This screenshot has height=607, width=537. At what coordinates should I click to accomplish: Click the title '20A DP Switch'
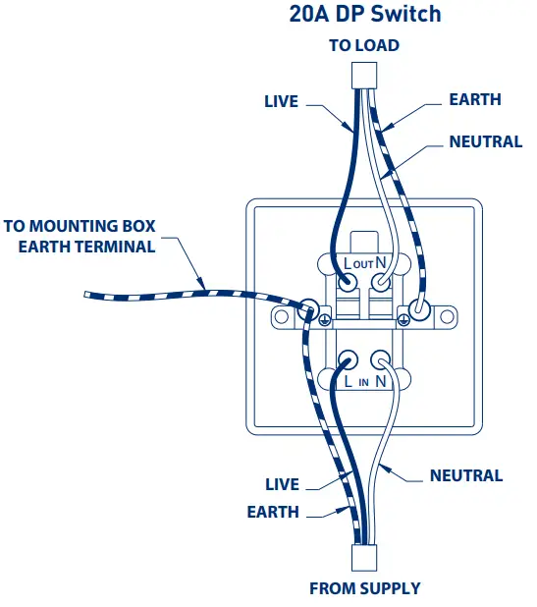[365, 14]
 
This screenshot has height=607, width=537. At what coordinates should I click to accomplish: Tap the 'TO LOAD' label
[364, 45]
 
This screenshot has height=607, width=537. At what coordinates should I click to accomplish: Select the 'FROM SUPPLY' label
[364, 588]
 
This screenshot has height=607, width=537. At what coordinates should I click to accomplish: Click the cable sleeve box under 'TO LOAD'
[364, 75]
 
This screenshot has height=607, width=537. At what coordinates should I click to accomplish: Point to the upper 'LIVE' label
[281, 101]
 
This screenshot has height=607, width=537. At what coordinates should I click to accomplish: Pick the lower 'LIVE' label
[282, 484]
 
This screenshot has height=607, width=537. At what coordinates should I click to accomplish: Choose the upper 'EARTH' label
[474, 99]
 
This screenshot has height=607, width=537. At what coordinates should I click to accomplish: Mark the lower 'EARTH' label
[273, 512]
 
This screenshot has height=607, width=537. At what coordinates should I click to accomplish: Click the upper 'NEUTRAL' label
[485, 141]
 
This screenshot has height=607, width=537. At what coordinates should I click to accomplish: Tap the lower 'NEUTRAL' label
[465, 475]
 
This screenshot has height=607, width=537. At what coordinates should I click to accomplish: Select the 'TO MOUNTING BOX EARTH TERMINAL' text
[81, 237]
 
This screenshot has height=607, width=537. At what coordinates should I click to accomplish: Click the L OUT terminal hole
[348, 283]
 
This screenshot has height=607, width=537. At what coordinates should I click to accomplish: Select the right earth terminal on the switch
[419, 310]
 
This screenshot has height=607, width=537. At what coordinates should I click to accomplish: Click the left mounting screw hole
[282, 317]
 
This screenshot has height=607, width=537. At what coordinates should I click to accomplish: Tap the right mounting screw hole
[448, 317]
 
